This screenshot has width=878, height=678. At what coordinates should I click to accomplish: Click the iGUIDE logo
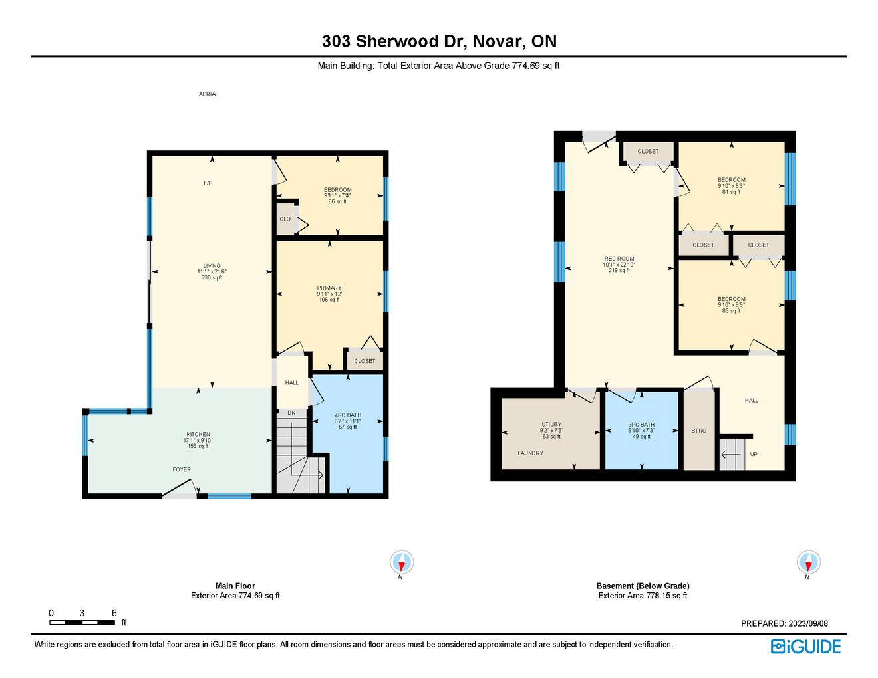pyautogui.click(x=805, y=647)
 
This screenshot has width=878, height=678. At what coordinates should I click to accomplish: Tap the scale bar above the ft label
pyautogui.click(x=82, y=622)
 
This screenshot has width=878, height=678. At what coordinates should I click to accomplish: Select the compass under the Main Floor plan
pyautogui.click(x=402, y=562)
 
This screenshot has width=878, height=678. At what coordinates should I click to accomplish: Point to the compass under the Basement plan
pyautogui.click(x=809, y=562)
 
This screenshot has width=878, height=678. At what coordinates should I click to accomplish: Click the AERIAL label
pyautogui.click(x=208, y=94)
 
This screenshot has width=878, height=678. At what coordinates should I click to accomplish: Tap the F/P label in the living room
pyautogui.click(x=208, y=183)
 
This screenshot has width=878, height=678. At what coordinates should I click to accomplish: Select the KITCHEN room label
pyautogui.click(x=198, y=434)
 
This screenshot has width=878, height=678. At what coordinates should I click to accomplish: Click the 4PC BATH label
pyautogui.click(x=348, y=415)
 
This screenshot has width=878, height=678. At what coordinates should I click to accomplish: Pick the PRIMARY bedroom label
pyautogui.click(x=329, y=288)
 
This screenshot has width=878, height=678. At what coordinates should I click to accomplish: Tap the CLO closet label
pyautogui.click(x=285, y=219)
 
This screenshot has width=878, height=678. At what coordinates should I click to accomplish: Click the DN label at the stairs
pyautogui.click(x=291, y=413)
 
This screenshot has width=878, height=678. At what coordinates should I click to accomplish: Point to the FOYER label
pyautogui.click(x=182, y=469)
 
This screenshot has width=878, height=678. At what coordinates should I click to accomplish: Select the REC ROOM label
pyautogui.click(x=619, y=259)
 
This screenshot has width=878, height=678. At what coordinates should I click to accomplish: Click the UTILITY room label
pyautogui.click(x=551, y=424)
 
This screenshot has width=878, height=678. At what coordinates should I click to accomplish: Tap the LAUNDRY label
pyautogui.click(x=531, y=453)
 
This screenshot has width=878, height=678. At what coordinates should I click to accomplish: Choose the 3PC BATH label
pyautogui.click(x=641, y=425)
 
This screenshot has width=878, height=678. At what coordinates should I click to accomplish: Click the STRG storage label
pyautogui.click(x=698, y=431)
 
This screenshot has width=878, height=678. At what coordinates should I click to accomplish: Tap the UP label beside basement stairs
pyautogui.click(x=754, y=454)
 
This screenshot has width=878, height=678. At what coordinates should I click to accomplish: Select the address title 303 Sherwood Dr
pyautogui.click(x=394, y=41)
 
